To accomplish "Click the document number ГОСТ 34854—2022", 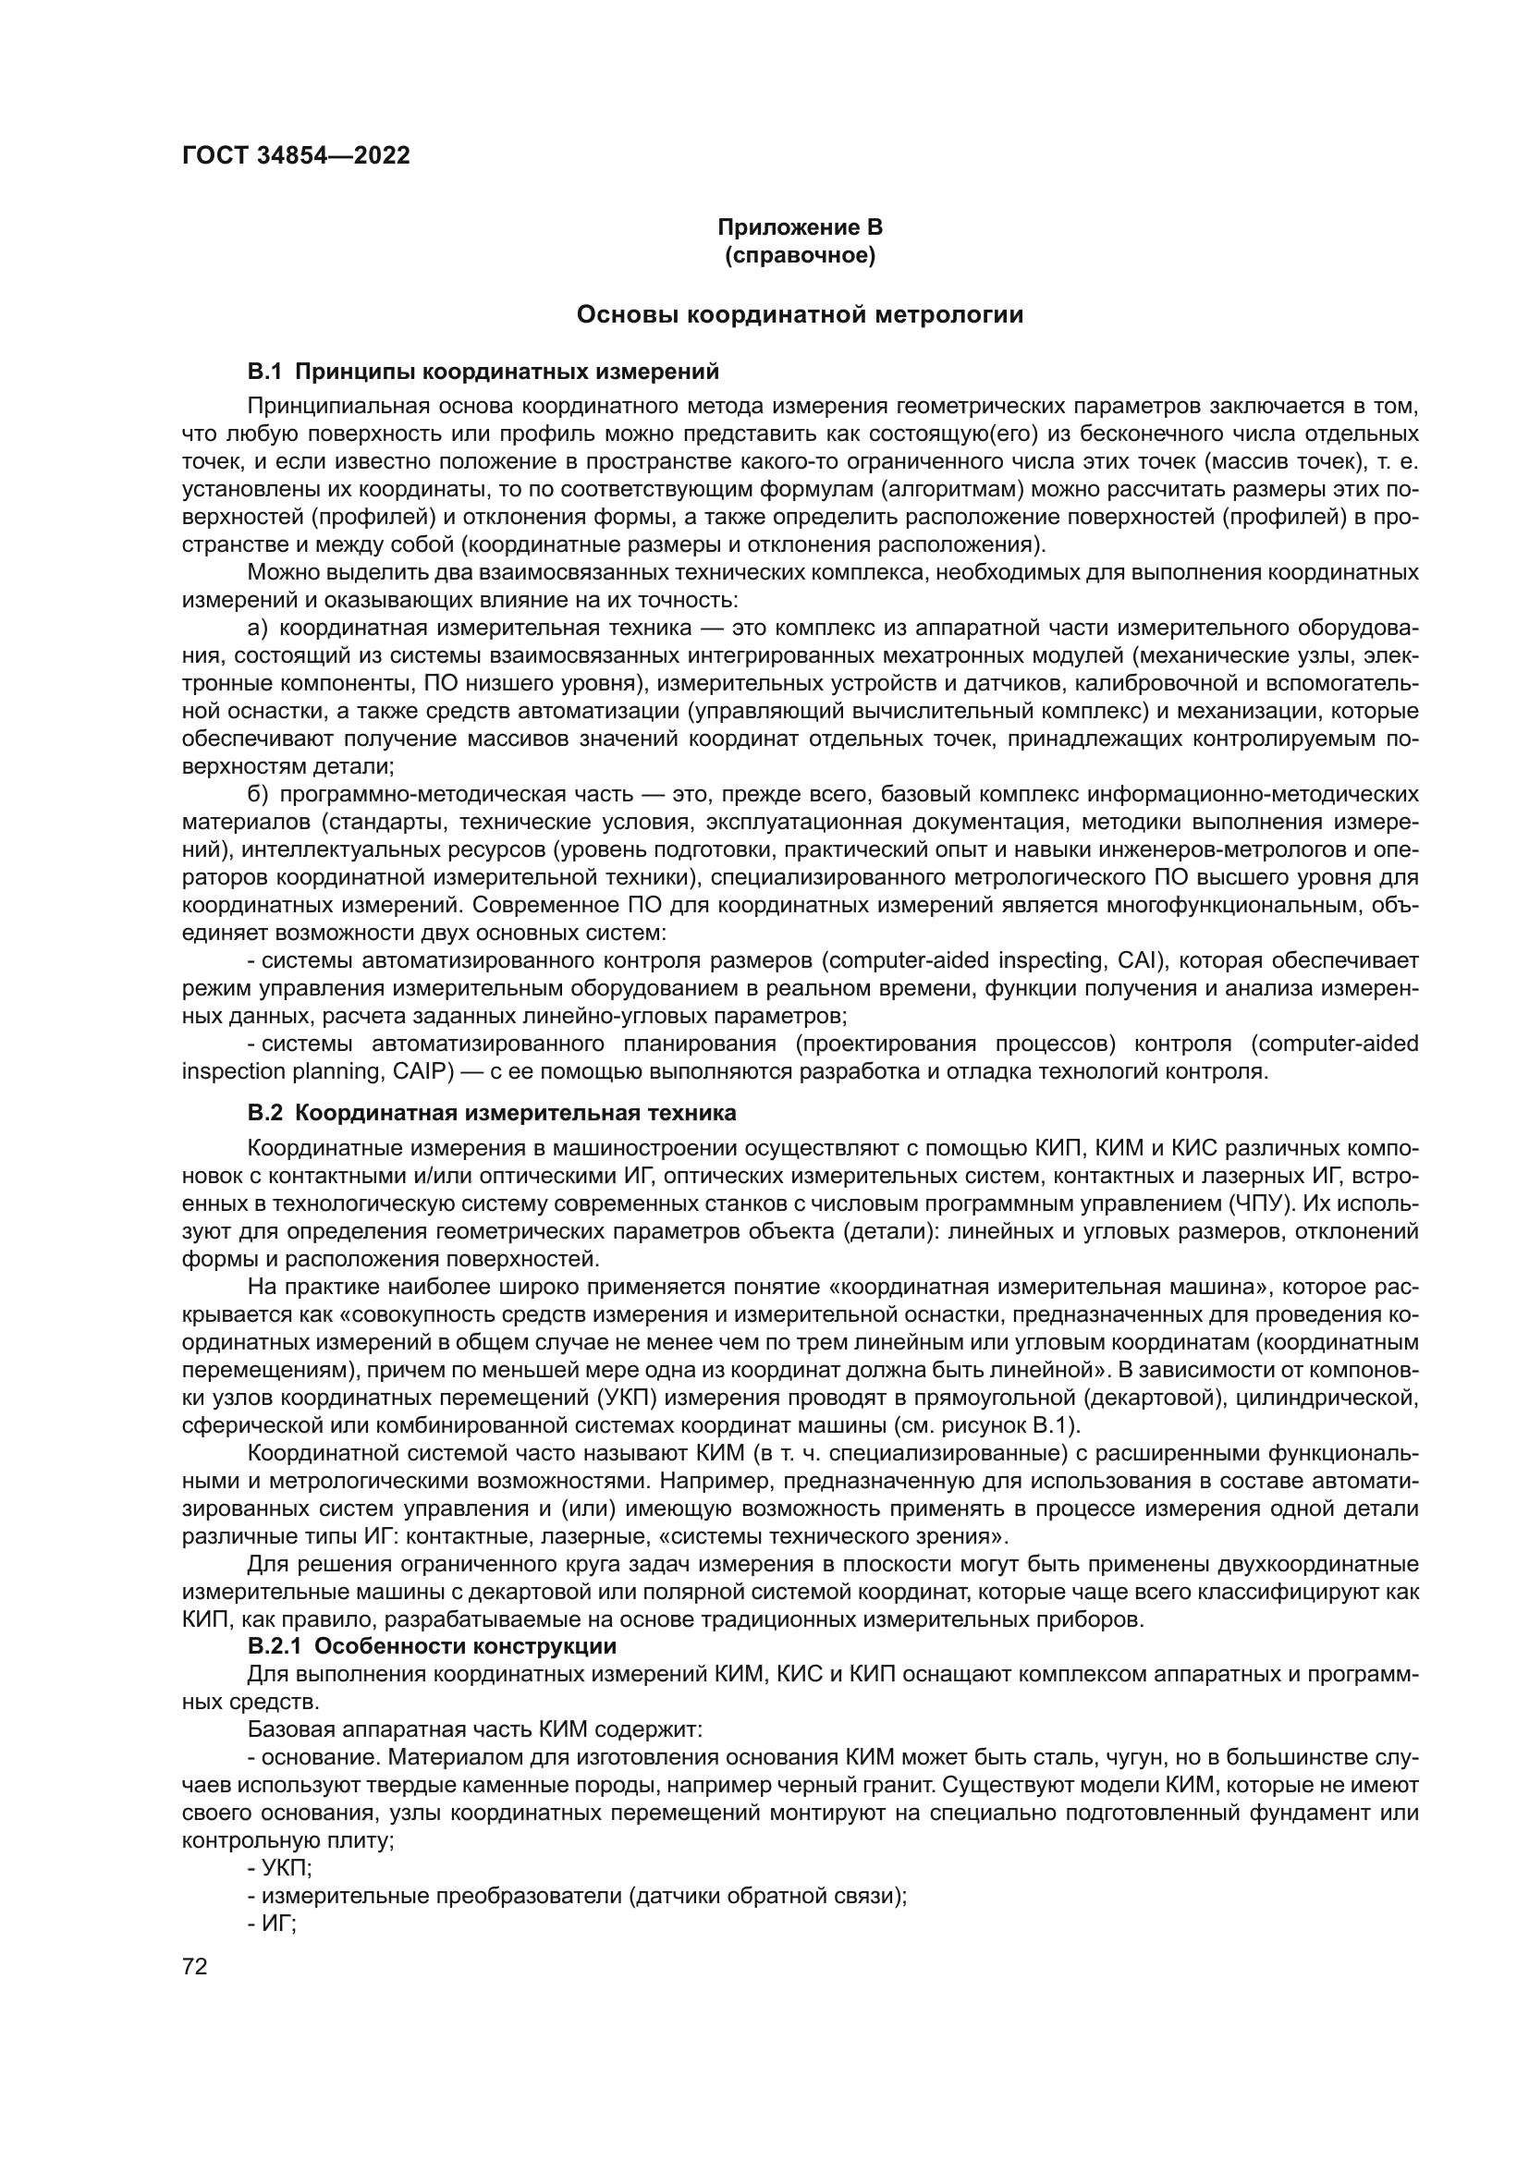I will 296,156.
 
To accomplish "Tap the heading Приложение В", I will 800,228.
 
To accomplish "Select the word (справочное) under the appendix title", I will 800,255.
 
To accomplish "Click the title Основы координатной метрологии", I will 800,314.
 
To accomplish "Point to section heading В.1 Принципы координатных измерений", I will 483,372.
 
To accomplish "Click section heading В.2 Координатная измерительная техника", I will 492,1113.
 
